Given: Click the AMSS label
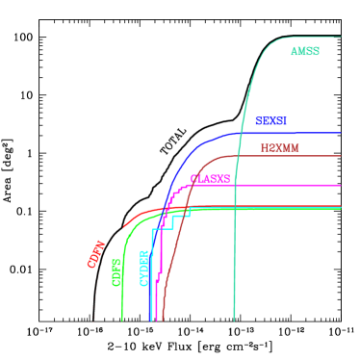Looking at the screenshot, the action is point(305,51).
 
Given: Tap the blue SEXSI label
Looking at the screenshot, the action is point(270,121).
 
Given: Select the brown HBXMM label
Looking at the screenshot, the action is point(279,148).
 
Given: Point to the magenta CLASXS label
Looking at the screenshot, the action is point(210,179).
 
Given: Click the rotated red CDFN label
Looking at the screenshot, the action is point(96,254).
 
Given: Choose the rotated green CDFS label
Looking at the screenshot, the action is point(116,272).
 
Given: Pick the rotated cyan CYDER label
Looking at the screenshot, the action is point(144,268).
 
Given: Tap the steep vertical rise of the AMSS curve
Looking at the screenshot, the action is point(235,241).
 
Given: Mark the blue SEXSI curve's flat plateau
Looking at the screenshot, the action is point(289,133).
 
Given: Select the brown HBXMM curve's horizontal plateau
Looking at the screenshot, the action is point(289,156).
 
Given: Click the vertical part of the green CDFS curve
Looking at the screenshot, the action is point(122,289).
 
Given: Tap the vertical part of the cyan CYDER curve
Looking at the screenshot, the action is point(151,279).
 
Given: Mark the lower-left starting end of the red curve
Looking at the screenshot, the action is point(124,228).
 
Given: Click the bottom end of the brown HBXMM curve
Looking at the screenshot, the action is point(163,319).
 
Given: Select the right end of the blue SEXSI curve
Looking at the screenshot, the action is point(340,133).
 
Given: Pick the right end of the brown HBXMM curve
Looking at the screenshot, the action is point(340,156).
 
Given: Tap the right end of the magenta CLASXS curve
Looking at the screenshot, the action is point(340,186).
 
